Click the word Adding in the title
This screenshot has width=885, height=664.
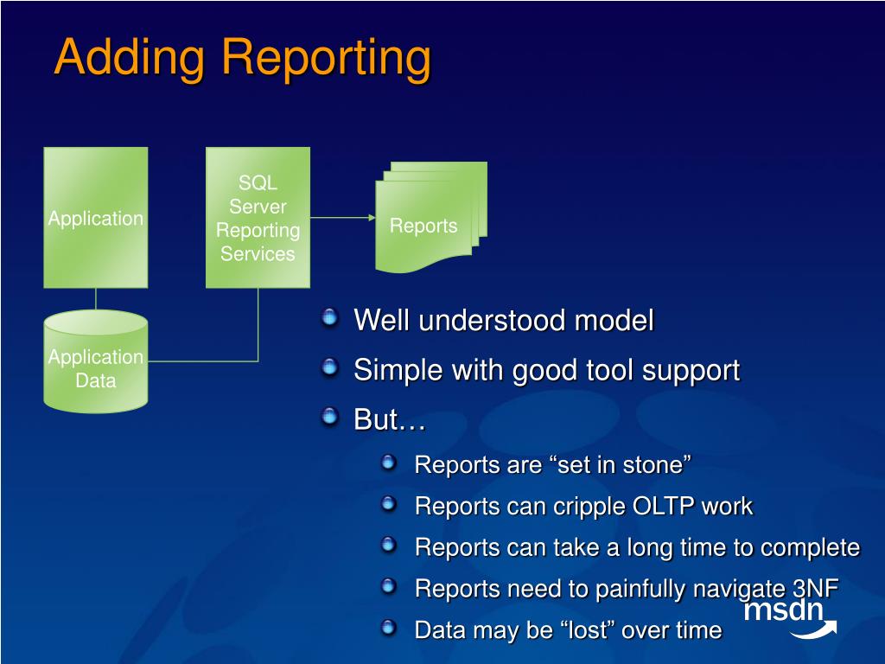point(130,57)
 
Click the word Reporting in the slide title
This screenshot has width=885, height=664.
point(326,59)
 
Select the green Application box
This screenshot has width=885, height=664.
point(96,217)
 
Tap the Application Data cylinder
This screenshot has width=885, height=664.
point(96,361)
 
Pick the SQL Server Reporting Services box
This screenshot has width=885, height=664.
point(258,217)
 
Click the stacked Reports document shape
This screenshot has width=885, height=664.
point(430,217)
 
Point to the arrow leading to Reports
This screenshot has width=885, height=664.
point(342,217)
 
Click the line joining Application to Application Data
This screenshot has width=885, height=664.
point(96,299)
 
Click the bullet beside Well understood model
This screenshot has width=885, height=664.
point(329,317)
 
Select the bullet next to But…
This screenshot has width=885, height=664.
point(329,417)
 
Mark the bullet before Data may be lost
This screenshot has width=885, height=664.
point(388,628)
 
